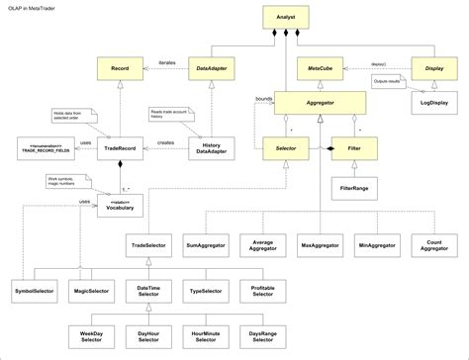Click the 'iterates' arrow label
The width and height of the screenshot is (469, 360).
166,62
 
